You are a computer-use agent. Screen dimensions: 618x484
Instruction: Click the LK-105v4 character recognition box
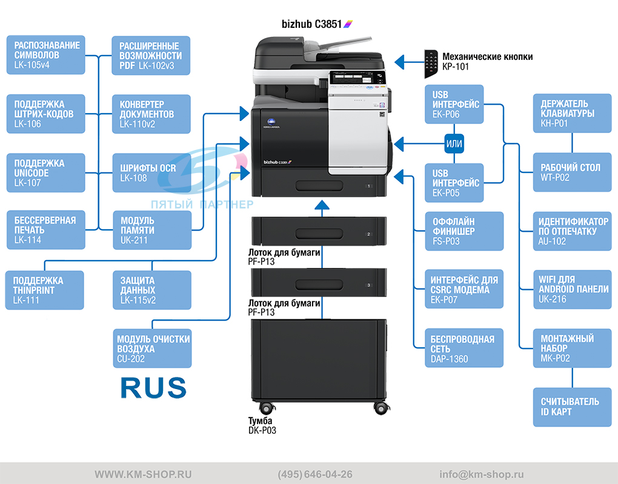tap(45, 54)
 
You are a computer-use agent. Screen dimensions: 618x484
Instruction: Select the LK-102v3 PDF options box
tap(151, 56)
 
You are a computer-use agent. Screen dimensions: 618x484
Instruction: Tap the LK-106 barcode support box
tap(45, 114)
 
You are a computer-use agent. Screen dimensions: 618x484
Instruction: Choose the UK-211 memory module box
tap(152, 230)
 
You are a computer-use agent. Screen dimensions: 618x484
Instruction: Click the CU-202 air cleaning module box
tap(152, 348)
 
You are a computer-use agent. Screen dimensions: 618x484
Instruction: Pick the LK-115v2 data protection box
tap(152, 290)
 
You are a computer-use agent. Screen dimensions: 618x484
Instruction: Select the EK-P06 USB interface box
tap(454, 104)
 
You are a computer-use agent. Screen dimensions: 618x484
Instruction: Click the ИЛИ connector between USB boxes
tap(454, 143)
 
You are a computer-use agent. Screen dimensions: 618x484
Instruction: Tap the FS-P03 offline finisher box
tap(464, 231)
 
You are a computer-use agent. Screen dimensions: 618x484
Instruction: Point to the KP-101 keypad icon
tap(431, 64)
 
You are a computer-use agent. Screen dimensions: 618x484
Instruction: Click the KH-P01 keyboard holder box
tap(573, 113)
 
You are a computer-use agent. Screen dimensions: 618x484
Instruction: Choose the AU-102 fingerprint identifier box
tap(573, 231)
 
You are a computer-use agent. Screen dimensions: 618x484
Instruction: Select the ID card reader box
tap(573, 407)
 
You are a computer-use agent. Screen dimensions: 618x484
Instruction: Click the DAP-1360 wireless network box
tap(464, 348)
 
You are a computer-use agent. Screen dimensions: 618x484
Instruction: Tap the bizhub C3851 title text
tap(312, 24)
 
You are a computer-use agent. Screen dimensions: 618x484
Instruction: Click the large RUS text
tap(153, 388)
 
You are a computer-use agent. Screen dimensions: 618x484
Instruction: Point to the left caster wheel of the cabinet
tap(267, 408)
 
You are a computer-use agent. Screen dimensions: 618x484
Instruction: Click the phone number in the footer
tap(315, 474)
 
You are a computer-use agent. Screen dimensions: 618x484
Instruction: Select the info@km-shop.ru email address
tap(482, 474)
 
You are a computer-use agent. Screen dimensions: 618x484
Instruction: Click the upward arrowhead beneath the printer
tap(322, 204)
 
